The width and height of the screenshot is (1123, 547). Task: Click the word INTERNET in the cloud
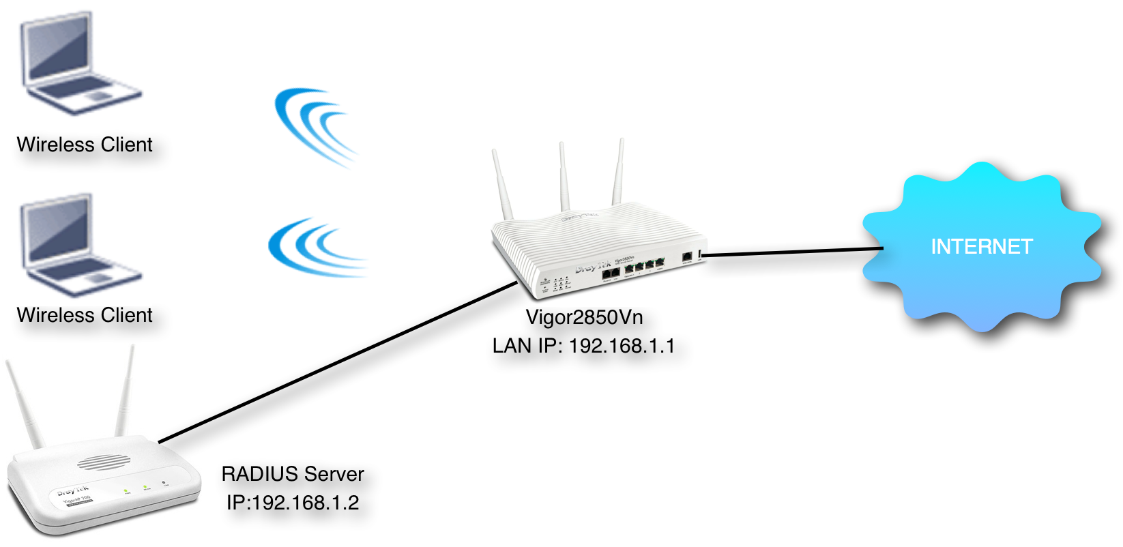(x=981, y=246)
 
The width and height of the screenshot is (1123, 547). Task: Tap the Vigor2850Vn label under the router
(x=584, y=317)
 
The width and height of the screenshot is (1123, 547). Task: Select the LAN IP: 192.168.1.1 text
(x=583, y=346)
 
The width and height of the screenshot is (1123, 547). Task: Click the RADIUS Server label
(x=293, y=474)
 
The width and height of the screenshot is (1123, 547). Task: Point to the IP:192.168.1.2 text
(x=293, y=503)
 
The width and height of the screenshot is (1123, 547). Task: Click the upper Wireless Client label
(x=85, y=145)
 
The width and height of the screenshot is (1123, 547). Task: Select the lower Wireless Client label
(x=85, y=315)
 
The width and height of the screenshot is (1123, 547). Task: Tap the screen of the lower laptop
(x=59, y=232)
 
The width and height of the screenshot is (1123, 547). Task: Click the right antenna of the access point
(x=125, y=392)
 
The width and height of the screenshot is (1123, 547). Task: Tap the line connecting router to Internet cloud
(x=791, y=252)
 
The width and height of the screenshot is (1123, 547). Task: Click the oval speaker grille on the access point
(x=102, y=463)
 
